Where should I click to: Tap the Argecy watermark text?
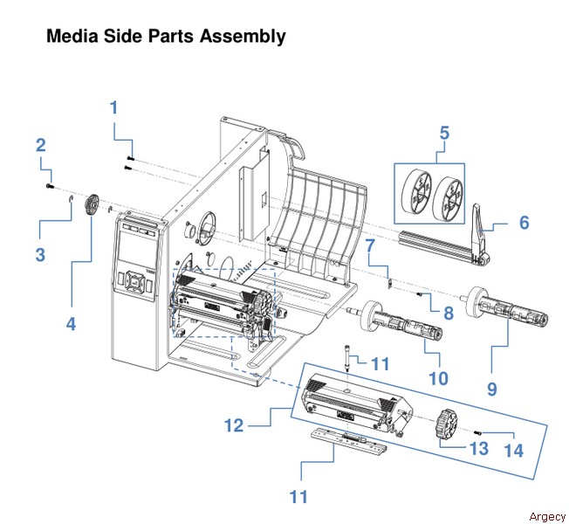(x=547, y=516)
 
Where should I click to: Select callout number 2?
(x=40, y=145)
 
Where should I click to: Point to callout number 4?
(x=72, y=323)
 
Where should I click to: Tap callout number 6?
(x=524, y=223)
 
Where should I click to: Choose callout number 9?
(x=492, y=388)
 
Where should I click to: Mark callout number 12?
(x=233, y=426)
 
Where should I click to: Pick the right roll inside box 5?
(x=447, y=197)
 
